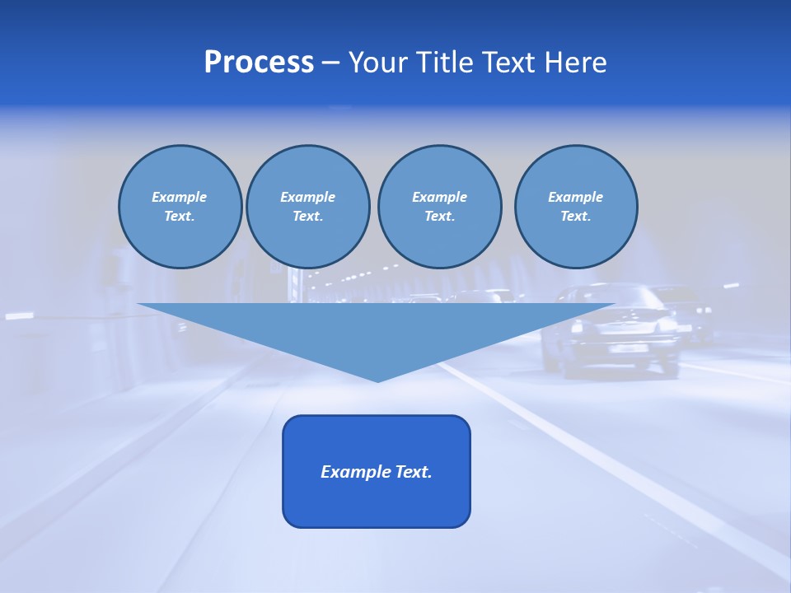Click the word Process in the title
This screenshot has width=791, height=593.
(259, 63)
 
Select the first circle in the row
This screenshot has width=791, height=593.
(180, 207)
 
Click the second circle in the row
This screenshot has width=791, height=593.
(307, 207)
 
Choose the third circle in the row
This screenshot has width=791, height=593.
(439, 207)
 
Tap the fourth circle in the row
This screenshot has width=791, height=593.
(576, 207)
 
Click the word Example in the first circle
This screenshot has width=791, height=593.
(179, 197)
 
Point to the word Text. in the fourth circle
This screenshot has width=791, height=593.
(576, 217)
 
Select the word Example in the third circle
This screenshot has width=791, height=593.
(439, 197)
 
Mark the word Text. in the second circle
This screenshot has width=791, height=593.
(307, 217)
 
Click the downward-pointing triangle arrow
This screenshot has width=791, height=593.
(377, 329)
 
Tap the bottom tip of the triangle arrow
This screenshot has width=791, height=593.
(377, 380)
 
